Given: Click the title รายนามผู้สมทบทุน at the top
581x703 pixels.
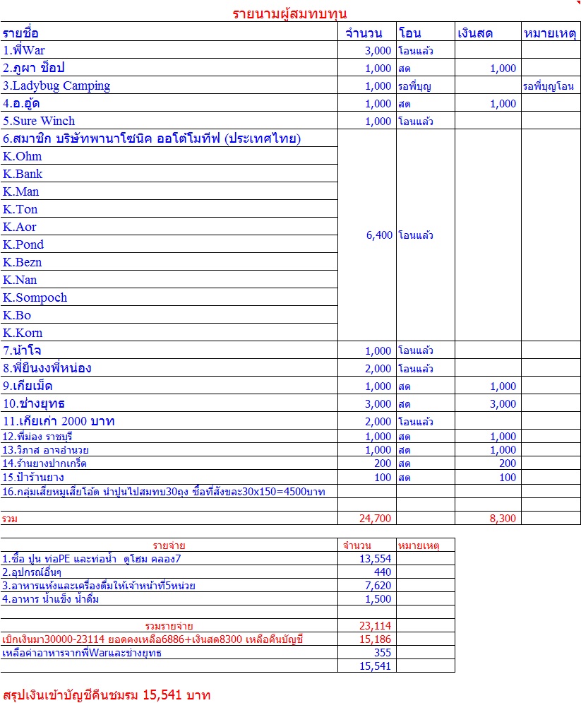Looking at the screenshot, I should tap(289, 13).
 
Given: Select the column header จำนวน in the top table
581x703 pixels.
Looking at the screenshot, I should tap(364, 33).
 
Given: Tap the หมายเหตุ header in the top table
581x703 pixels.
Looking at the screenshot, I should tap(550, 33).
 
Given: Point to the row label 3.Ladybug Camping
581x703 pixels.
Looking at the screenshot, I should tap(56, 86).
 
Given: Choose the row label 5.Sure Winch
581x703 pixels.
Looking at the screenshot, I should tap(39, 122).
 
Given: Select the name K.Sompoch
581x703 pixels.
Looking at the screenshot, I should tap(35, 298).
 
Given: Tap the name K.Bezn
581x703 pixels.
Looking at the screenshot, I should tap(23, 263).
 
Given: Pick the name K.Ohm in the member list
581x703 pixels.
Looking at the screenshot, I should tap(23, 157).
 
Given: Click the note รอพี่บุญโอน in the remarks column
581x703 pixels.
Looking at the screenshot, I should tap(548, 87).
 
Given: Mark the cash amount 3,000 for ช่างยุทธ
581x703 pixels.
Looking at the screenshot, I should tap(503, 404).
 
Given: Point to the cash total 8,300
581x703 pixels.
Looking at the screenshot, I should tap(503, 519).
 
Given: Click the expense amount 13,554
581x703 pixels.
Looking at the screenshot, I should tap(376, 559).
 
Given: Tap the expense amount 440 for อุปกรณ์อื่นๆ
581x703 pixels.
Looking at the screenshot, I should tap(382, 572).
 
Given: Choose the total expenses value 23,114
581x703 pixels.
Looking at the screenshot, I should tap(376, 626).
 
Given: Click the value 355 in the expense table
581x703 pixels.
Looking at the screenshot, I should tap(382, 653).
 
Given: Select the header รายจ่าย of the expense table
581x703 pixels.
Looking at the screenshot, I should tap(169, 545).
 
